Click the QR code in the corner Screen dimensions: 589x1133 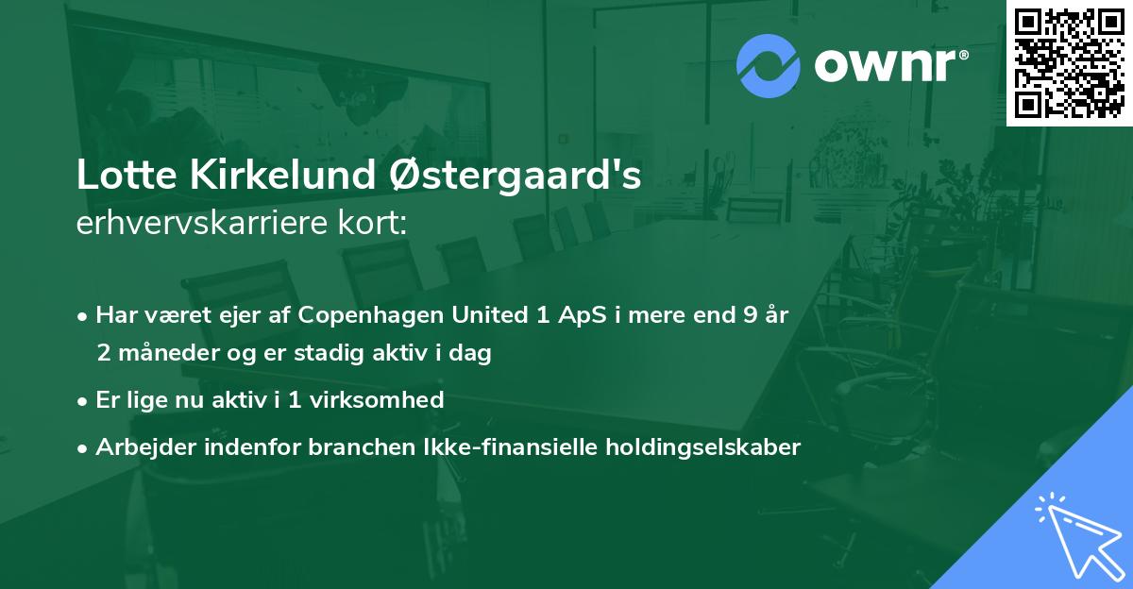(x=1069, y=63)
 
